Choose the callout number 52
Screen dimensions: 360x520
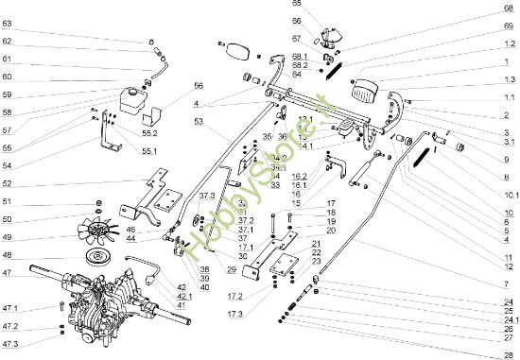[7, 183]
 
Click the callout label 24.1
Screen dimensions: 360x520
[508, 319]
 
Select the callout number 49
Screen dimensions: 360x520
[7, 236]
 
